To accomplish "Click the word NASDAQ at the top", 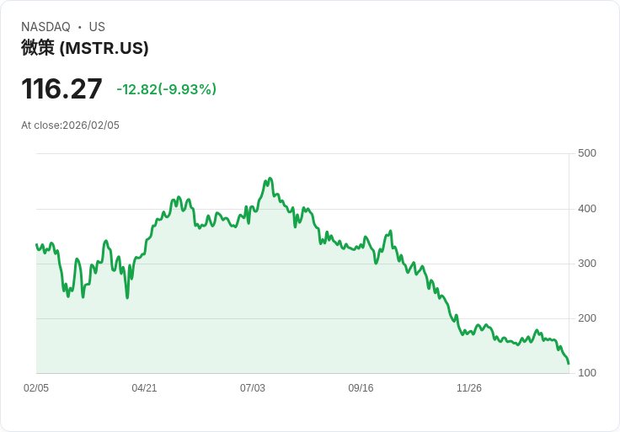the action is [x=45, y=27].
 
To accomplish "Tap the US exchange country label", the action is [x=97, y=27].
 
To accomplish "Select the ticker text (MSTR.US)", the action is [x=104, y=48].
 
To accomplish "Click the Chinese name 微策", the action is [x=38, y=48].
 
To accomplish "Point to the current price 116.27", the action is [x=61, y=89].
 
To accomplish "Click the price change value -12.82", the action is [x=136, y=89].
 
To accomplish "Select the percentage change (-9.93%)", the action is [x=187, y=89].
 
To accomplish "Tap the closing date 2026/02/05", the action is [x=91, y=125].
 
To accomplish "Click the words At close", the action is [x=40, y=125].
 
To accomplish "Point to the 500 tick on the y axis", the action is [x=587, y=153].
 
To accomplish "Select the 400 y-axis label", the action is [x=587, y=209].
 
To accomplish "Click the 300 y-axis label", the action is [x=587, y=264].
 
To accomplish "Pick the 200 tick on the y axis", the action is [x=587, y=318].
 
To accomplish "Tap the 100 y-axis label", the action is [x=587, y=373].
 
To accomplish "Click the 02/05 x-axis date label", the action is [x=36, y=388].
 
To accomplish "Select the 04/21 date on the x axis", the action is [x=144, y=388].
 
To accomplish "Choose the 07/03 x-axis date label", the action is [x=253, y=388].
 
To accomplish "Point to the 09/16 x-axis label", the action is [x=361, y=388].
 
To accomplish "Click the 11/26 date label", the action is [x=469, y=388].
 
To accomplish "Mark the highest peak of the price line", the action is [x=270, y=179].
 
